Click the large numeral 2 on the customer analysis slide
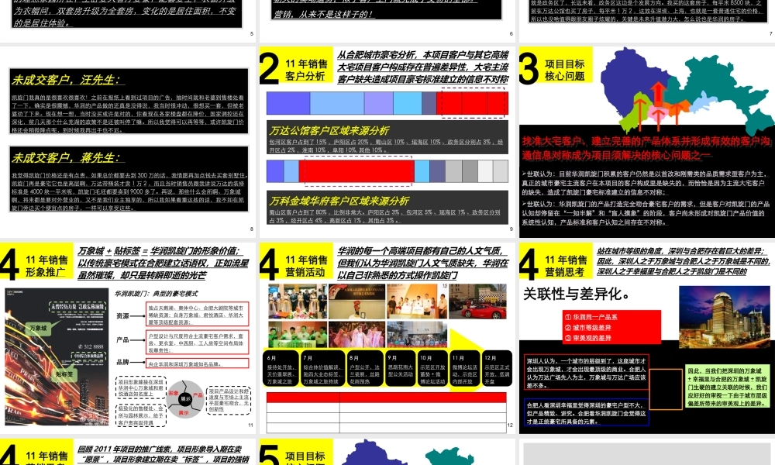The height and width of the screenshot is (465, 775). pyautogui.click(x=270, y=68)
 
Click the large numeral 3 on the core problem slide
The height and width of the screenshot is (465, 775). pyautogui.click(x=529, y=68)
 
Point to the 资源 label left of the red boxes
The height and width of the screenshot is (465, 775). pyautogui.click(x=122, y=315)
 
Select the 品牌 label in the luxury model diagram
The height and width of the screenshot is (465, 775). pyautogui.click(x=122, y=362)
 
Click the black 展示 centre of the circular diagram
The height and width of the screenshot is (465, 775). pyautogui.click(x=185, y=399)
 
